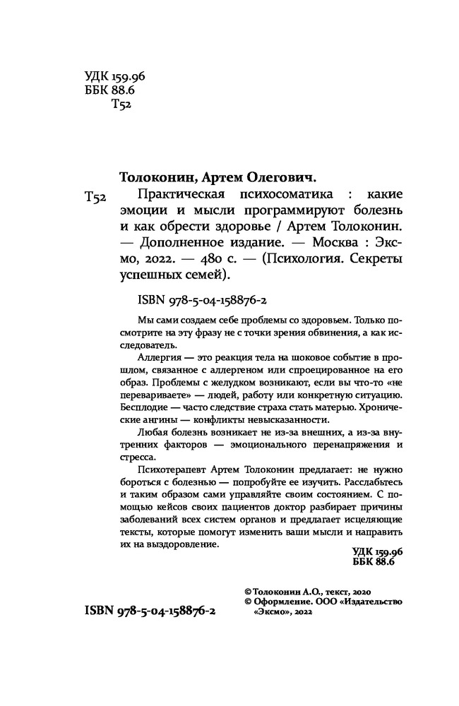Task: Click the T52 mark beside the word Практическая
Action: (x=95, y=199)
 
